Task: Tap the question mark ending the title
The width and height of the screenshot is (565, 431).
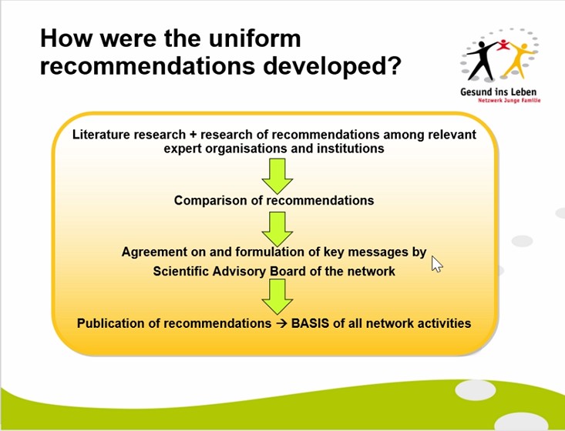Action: click(393, 65)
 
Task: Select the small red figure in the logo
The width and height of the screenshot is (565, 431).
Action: click(503, 45)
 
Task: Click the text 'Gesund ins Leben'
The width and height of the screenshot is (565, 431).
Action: click(499, 92)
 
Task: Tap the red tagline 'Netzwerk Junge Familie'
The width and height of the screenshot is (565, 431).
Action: click(510, 100)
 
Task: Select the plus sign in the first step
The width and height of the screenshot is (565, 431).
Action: click(193, 135)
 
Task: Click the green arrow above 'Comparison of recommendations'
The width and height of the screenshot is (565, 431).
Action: click(277, 176)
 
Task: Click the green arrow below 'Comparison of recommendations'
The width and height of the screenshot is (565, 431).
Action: click(277, 229)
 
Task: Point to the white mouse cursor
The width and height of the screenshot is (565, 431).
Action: click(436, 264)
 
